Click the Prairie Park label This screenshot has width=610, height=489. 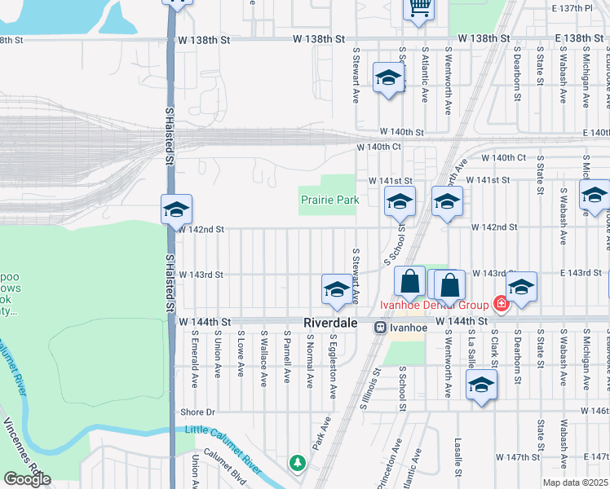(329, 200)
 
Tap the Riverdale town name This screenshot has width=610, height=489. (330, 324)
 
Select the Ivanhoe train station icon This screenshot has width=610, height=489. (380, 327)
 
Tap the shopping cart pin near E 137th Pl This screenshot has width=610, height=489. (418, 9)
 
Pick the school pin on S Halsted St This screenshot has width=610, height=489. (176, 211)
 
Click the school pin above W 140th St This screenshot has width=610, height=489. (388, 79)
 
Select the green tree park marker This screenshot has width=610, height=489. (298, 463)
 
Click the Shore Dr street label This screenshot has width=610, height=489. (197, 412)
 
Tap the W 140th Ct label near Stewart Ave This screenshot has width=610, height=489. (379, 148)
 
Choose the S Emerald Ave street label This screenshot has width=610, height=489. (195, 358)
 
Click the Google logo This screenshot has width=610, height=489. (26, 479)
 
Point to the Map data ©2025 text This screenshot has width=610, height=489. (574, 482)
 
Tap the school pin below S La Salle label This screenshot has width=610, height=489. (481, 385)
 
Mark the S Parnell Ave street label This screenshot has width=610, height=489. (288, 356)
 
